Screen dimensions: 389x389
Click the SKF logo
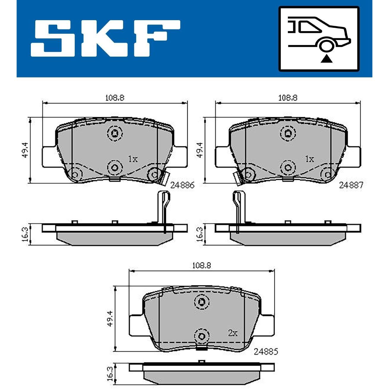tap(105, 38)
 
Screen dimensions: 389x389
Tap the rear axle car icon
tap(319, 39)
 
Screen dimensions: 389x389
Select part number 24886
tap(182, 185)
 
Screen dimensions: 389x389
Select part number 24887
tap(351, 185)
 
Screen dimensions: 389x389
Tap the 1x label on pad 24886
tap(133, 159)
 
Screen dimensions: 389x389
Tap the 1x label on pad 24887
tap(310, 159)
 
